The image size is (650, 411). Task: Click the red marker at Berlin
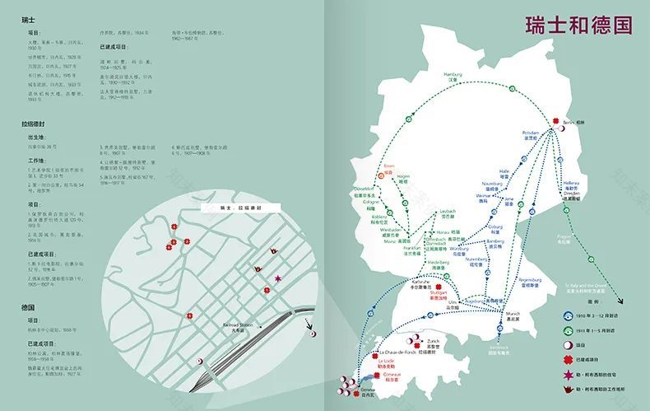tap(555, 119)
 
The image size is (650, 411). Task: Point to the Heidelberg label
tap(438, 264)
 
